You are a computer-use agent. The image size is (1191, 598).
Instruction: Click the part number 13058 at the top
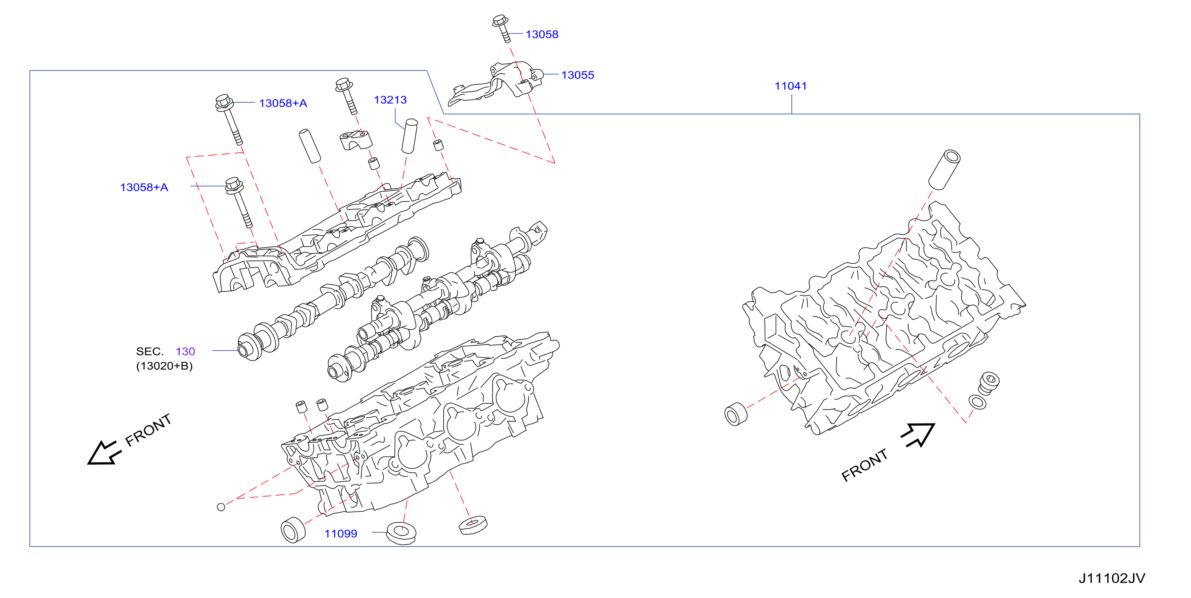click(x=542, y=34)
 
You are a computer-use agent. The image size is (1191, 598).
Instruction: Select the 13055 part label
click(x=578, y=75)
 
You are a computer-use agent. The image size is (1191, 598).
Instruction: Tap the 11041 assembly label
click(x=791, y=86)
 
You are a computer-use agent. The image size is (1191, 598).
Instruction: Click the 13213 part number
click(x=390, y=100)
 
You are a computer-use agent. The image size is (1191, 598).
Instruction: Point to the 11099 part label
click(x=341, y=534)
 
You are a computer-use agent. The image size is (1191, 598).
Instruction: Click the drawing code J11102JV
click(x=1112, y=578)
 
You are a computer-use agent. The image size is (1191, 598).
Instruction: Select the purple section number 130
click(x=185, y=351)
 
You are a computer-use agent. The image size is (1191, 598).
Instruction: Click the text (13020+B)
click(x=164, y=366)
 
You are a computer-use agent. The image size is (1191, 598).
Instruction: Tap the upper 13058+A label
click(x=283, y=103)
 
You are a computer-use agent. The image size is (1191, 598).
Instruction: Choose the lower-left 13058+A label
click(x=144, y=187)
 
